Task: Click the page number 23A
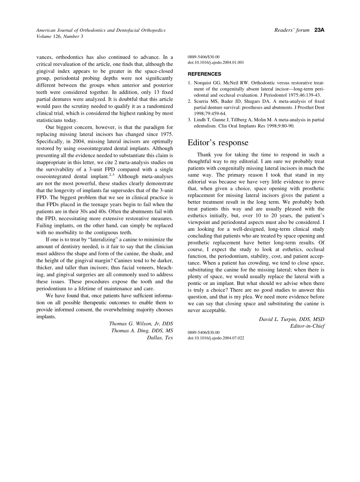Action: (319, 30)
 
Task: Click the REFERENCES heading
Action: (204, 74)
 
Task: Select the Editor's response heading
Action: (218, 143)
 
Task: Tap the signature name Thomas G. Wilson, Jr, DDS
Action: (141, 324)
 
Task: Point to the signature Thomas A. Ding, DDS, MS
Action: (142, 331)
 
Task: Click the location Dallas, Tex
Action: (160, 338)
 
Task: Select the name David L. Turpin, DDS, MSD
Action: (291, 319)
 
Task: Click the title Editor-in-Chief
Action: (307, 326)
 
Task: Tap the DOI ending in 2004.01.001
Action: (216, 63)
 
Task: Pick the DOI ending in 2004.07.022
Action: (216, 338)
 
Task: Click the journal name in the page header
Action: (101, 30)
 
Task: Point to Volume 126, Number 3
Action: (59, 36)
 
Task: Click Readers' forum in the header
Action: (292, 30)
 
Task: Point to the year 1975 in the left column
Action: (166, 135)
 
